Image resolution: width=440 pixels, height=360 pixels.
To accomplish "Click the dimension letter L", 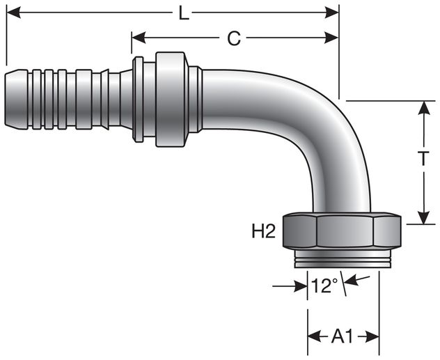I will pos(183,13).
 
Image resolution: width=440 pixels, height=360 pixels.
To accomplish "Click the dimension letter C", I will pos(234,39).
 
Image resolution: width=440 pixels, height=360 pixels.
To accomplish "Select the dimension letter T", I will pos(423,159).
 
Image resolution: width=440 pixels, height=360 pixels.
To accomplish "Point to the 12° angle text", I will pos(324,285).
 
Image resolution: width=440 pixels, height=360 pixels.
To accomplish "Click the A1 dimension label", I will pos(343,337).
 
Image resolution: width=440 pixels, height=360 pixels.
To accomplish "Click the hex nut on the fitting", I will pos(342,233).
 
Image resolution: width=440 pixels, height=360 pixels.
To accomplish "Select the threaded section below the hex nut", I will pos(342,261).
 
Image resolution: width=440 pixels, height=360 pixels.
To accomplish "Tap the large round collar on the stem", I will pos(171,99).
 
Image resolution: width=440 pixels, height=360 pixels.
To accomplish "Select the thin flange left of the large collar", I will pos(139,99).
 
